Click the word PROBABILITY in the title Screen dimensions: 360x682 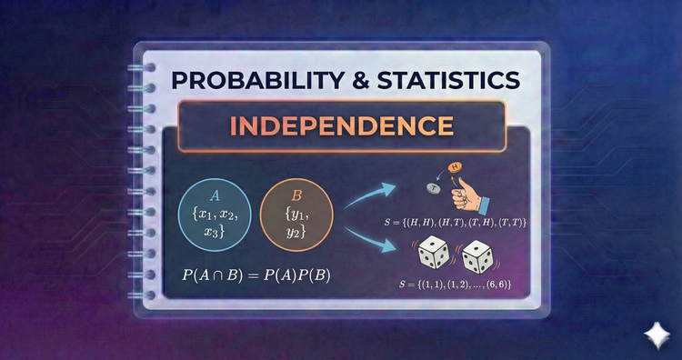[x=266, y=80]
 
